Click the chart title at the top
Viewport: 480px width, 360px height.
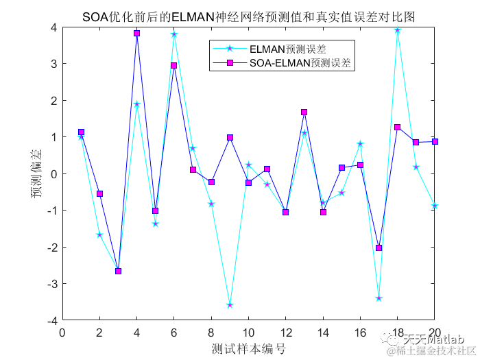tap(248, 16)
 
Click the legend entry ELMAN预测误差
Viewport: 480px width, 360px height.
tap(287, 49)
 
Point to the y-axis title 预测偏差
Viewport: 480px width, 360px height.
tap(35, 174)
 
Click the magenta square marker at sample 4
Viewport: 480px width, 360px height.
tap(137, 33)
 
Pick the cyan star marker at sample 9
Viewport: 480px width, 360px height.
tap(230, 304)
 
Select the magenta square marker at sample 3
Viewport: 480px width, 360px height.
tap(118, 271)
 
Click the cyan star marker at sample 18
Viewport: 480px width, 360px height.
tap(397, 30)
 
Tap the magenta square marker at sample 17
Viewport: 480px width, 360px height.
tap(379, 248)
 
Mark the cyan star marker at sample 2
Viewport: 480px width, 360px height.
tap(99, 235)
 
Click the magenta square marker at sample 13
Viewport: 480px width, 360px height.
tap(304, 112)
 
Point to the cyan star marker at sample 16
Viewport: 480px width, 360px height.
tap(360, 144)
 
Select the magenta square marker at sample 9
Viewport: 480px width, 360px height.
tap(230, 137)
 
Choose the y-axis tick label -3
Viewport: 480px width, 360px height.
tap(50, 283)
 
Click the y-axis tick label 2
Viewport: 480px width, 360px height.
tap(53, 100)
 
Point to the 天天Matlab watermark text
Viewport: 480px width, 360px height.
tap(433, 339)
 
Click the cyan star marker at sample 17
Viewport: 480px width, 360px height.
tap(379, 298)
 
